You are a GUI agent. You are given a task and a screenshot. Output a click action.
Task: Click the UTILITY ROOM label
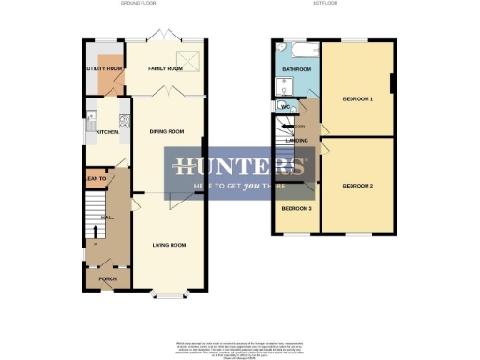[x=104, y=69]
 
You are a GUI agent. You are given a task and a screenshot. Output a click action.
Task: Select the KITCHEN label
[x=108, y=132]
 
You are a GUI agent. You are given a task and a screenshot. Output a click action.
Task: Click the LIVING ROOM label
[x=169, y=245]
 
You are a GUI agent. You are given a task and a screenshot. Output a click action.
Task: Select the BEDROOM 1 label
[x=357, y=98]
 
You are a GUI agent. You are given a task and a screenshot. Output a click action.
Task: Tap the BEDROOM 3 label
[x=296, y=208]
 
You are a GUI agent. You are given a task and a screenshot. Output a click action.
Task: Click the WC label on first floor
[x=284, y=106]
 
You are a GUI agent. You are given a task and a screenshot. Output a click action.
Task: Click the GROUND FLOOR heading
[x=137, y=5]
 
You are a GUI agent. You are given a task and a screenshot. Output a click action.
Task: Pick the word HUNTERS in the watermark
[x=239, y=169]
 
